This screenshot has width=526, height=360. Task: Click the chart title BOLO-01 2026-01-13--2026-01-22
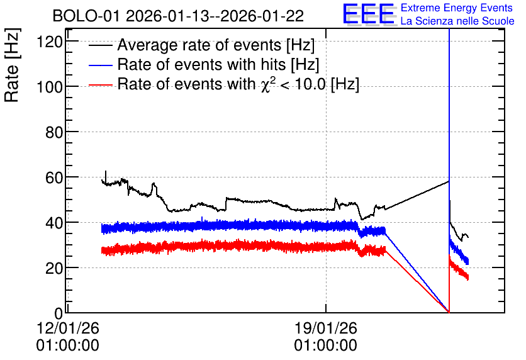coord(178,16)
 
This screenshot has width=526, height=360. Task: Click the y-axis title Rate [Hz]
coord(12,65)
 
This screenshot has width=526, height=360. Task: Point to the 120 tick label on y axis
coord(50,42)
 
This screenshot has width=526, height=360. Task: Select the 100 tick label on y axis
coord(50,87)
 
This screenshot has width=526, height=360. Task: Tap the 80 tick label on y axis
coord(54,133)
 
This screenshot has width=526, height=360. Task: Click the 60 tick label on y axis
coord(54,178)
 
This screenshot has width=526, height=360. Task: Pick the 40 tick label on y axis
coord(54,223)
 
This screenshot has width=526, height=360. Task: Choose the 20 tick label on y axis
coord(54,268)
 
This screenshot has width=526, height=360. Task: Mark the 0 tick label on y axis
coord(59,313)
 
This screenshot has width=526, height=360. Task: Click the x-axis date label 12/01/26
coord(68,328)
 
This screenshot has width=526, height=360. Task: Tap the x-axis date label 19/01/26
coord(326,328)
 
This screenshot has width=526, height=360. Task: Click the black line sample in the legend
coord(100,45)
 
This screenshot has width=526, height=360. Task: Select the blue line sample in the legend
coord(100,65)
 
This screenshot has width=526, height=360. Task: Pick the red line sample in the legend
coord(100,84)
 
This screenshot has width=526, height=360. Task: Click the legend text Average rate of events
coord(199,45)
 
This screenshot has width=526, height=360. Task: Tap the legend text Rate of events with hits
coord(201,64)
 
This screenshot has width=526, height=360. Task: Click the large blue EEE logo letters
coord(368,14)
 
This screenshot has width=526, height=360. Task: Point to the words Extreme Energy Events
coord(457,8)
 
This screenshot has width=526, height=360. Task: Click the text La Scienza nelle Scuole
coord(457,21)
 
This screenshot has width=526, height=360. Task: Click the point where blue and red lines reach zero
coord(449,312)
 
